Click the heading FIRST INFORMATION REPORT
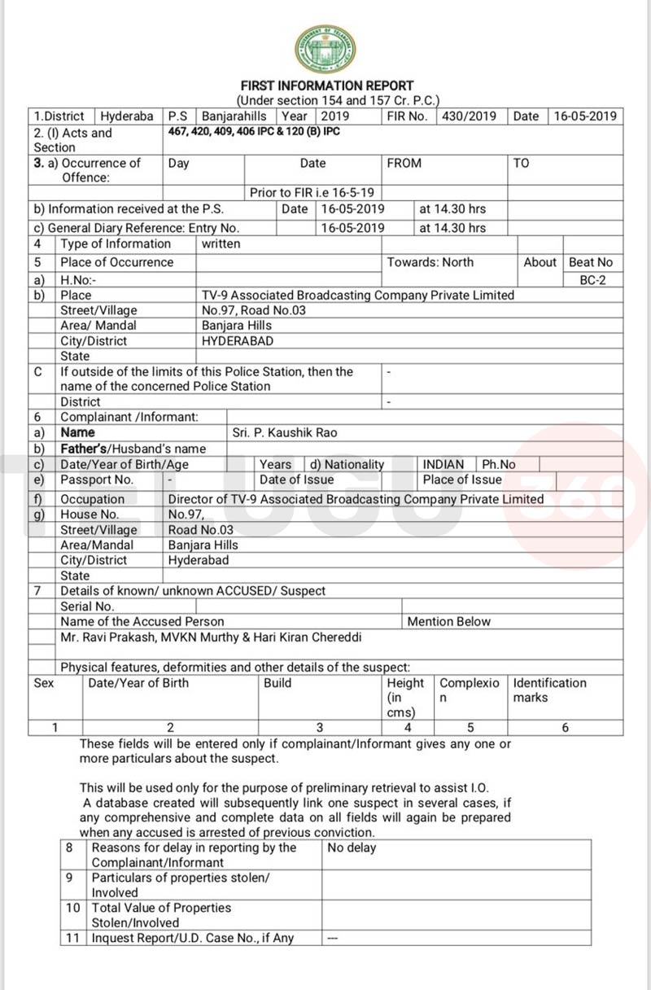pyautogui.click(x=327, y=85)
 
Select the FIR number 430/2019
pyautogui.click(x=469, y=116)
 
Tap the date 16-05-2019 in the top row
pyautogui.click(x=585, y=116)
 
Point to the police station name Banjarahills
pyautogui.click(x=234, y=116)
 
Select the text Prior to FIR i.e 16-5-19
pyautogui.click(x=312, y=193)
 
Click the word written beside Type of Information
pyautogui.click(x=221, y=243)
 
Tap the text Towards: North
pyautogui.click(x=430, y=262)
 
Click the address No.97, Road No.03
pyautogui.click(x=253, y=309)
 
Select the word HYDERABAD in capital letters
pyautogui.click(x=238, y=341)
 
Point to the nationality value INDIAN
pyautogui.click(x=443, y=464)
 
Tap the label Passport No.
pyautogui.click(x=97, y=480)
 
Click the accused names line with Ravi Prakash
pyautogui.click(x=211, y=637)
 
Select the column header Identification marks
pyautogui.click(x=549, y=690)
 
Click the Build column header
pyautogui.click(x=277, y=682)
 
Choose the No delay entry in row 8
pyautogui.click(x=352, y=848)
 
